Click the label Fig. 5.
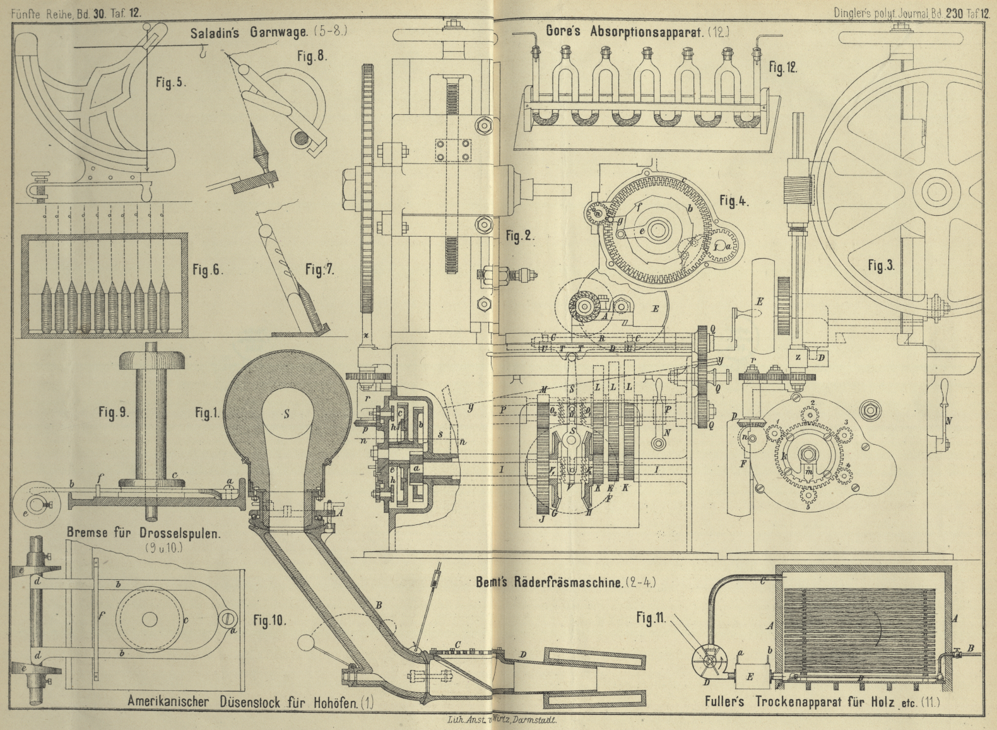tap(170, 83)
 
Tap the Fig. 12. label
tap(782, 68)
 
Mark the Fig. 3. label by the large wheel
tap(880, 266)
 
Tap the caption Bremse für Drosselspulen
tap(144, 533)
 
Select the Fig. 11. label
tap(652, 618)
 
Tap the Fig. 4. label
tap(734, 202)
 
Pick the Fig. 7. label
tap(319, 270)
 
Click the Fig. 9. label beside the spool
tap(113, 413)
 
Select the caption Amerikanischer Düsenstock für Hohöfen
tap(251, 701)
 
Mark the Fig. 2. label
tap(519, 237)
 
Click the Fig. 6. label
tap(208, 269)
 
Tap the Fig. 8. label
tap(312, 56)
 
